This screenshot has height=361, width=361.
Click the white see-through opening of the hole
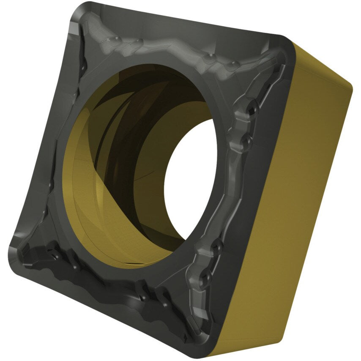click(x=190, y=178)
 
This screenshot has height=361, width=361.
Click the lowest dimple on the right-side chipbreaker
click(x=206, y=277)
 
